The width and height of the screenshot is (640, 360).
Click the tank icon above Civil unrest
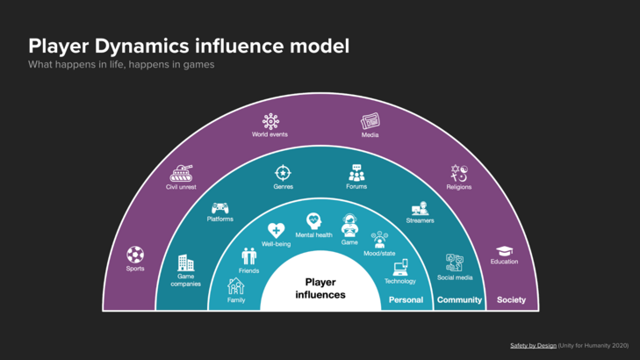(182, 172)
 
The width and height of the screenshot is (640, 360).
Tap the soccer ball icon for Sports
(135, 255)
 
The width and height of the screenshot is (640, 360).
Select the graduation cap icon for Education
(504, 251)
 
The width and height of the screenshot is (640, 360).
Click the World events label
(270, 134)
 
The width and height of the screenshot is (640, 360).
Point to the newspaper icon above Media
(370, 121)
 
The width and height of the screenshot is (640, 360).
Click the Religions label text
(458, 187)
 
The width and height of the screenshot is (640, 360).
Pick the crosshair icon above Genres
(283, 173)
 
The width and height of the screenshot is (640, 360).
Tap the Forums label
(356, 186)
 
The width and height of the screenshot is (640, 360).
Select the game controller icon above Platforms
(220, 209)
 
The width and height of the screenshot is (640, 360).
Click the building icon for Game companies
(185, 263)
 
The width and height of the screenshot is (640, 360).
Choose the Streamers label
(420, 220)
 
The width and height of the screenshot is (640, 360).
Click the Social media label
(455, 277)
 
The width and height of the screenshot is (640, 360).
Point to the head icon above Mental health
(313, 221)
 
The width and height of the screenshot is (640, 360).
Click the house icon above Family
(235, 286)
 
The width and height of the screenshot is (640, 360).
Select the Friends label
(248, 271)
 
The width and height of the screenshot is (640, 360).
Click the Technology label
(399, 281)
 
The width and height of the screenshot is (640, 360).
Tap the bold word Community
(459, 299)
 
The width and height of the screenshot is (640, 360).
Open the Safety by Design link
(533, 345)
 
